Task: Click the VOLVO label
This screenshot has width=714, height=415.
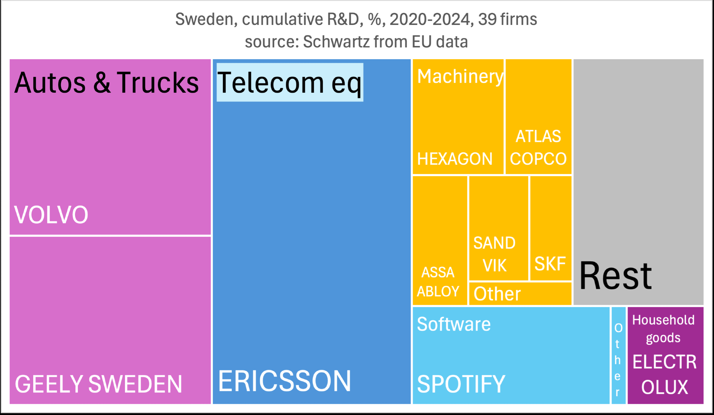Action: pos(51,215)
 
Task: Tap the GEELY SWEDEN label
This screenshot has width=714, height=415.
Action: pos(99,384)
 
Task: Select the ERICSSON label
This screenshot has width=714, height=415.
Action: pos(285,381)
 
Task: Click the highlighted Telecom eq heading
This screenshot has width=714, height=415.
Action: pos(290,83)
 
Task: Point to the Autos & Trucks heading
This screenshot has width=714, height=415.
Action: pos(106,83)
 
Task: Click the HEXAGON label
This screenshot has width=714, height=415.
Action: pos(454,159)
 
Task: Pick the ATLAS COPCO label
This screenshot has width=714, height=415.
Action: pos(538,148)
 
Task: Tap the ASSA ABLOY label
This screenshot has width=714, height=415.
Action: pos(438,282)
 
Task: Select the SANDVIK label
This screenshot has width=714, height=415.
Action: pos(494,254)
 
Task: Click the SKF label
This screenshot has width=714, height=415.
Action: pos(550,264)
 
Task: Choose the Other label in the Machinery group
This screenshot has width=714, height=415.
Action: pos(497,294)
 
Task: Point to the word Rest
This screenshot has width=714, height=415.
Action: pos(615,276)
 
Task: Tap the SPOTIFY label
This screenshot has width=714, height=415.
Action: pos(461,384)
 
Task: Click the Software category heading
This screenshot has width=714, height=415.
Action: pos(454,324)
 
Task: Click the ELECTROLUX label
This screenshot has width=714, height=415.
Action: pos(664,374)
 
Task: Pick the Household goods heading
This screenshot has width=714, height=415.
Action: pos(663,329)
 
